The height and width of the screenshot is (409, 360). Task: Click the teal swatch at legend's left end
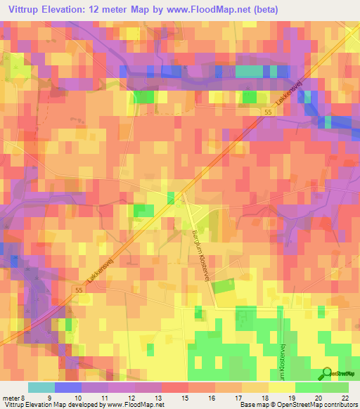41,387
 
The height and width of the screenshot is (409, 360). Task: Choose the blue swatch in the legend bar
67,387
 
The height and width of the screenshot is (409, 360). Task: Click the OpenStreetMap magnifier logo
326,374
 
